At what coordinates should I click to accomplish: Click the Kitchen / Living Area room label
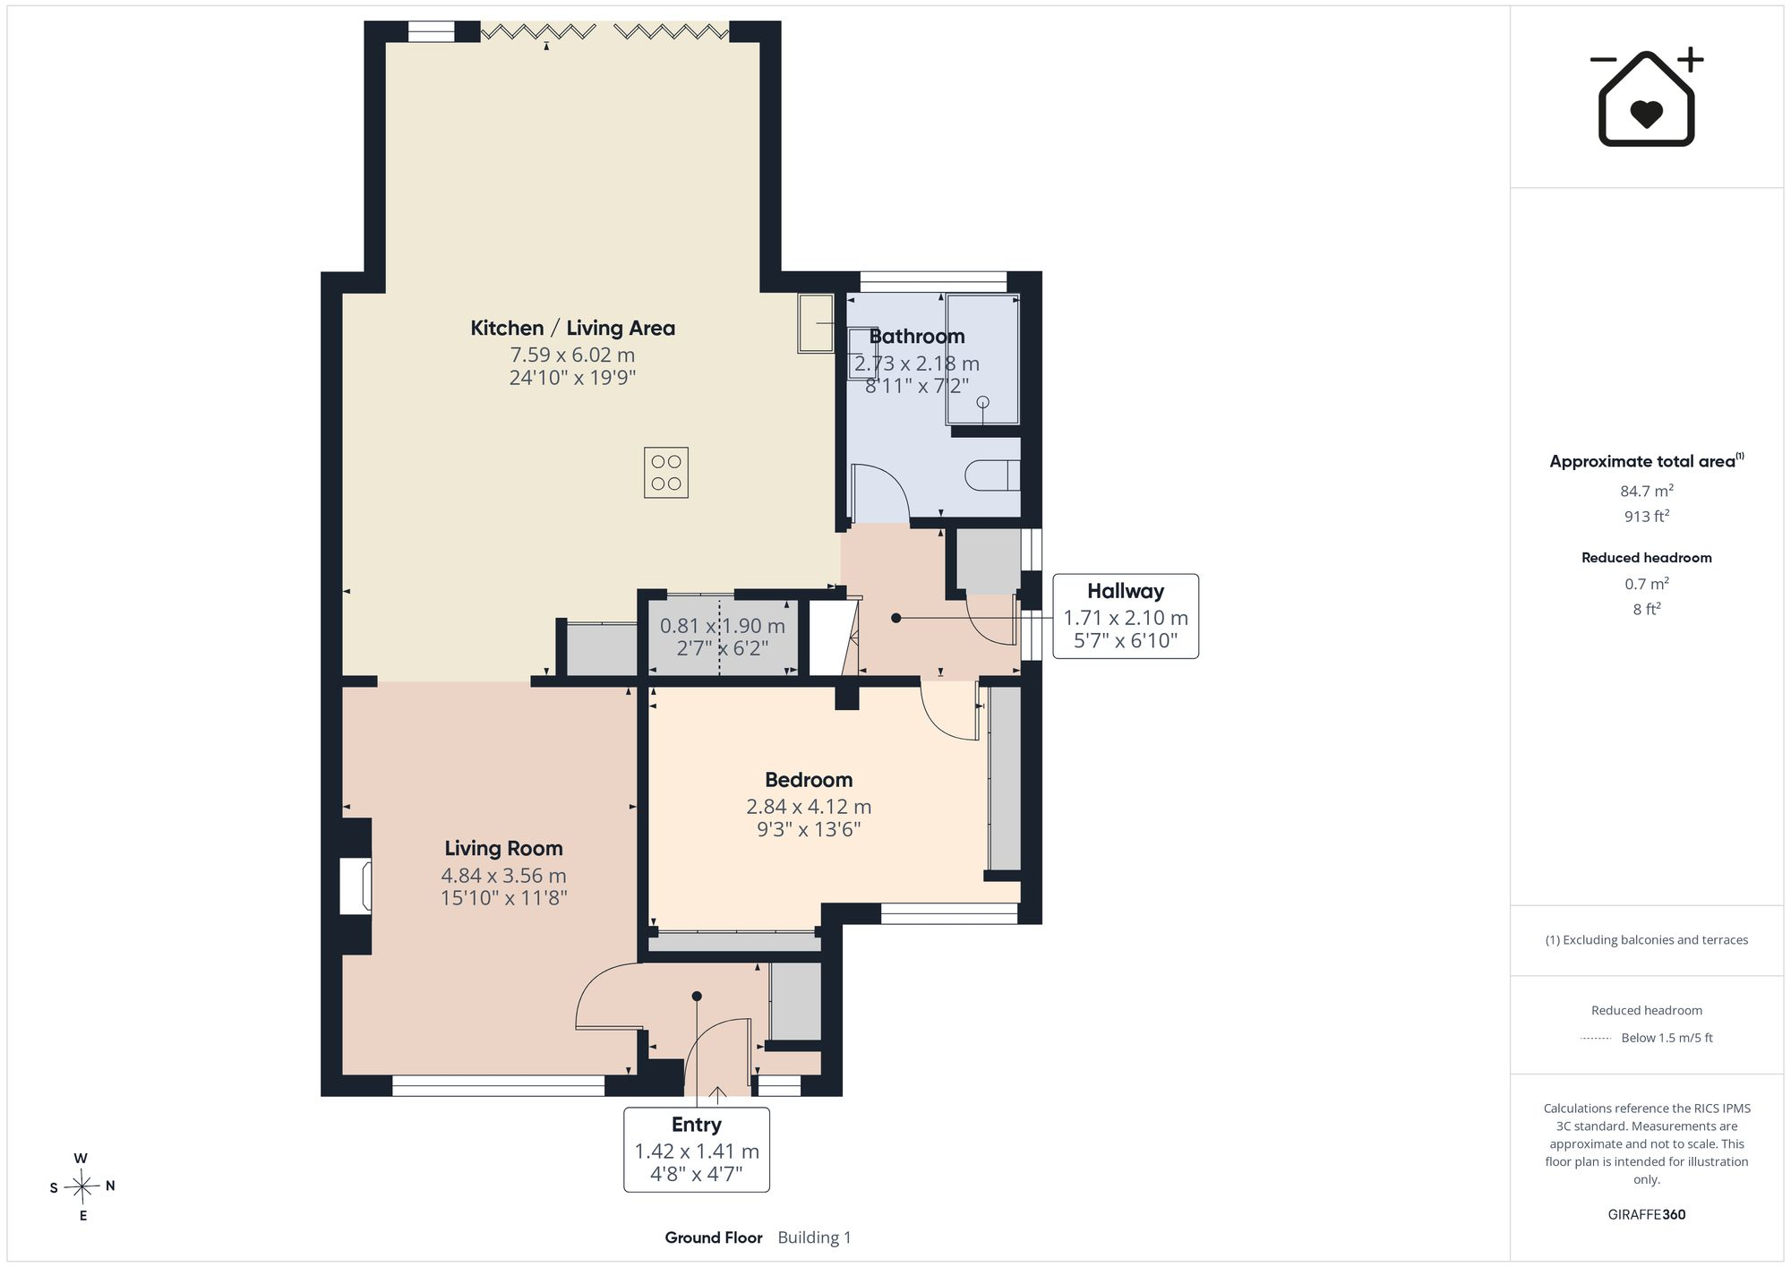pyautogui.click(x=573, y=329)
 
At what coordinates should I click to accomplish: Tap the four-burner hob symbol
pyautogui.click(x=666, y=473)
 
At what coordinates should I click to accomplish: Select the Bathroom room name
pyautogui.click(x=917, y=337)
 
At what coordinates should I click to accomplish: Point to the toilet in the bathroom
pyautogui.click(x=992, y=475)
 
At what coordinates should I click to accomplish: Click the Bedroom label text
pyautogui.click(x=809, y=780)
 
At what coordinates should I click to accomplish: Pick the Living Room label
pyautogui.click(x=504, y=849)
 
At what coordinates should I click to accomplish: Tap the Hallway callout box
pyautogui.click(x=1126, y=616)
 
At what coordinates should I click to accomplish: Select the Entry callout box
pyautogui.click(x=697, y=1150)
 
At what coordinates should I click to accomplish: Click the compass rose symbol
pyautogui.click(x=81, y=1187)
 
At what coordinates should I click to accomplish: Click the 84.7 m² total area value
pyautogui.click(x=1647, y=491)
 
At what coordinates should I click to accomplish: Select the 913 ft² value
pyautogui.click(x=1647, y=517)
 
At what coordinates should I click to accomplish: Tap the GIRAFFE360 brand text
pyautogui.click(x=1647, y=1215)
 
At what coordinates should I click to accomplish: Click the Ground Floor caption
pyautogui.click(x=714, y=1237)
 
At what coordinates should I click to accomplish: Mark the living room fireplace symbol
pyautogui.click(x=356, y=886)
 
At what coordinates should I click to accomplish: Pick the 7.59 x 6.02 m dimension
pyautogui.click(x=572, y=355)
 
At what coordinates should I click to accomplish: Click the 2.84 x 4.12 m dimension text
pyautogui.click(x=809, y=807)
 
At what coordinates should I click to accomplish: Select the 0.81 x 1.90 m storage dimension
pyautogui.click(x=723, y=627)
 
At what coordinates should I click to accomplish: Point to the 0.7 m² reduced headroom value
pyautogui.click(x=1647, y=584)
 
